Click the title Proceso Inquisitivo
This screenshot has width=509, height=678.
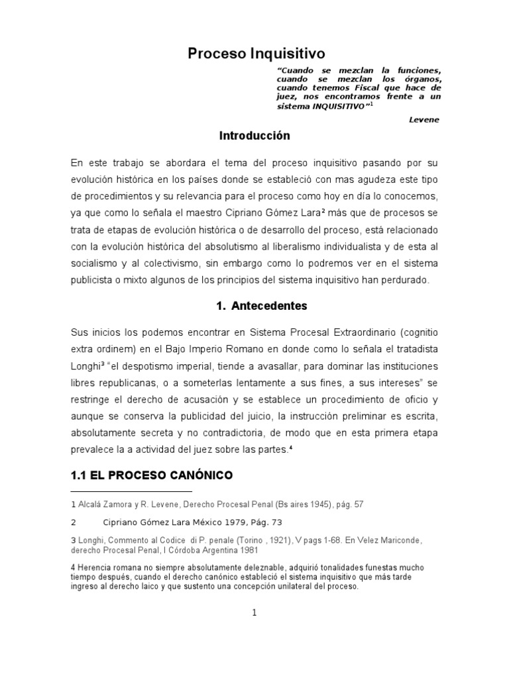(254, 53)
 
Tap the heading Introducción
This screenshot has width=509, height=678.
(254, 135)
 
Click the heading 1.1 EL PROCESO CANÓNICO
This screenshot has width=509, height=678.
(151, 475)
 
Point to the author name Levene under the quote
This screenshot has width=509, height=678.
(424, 119)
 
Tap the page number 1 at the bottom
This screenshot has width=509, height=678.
(254, 613)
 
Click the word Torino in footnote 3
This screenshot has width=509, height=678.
(253, 540)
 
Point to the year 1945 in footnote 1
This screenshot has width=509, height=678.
(302, 505)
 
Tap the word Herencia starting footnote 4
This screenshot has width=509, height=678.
(93, 568)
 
